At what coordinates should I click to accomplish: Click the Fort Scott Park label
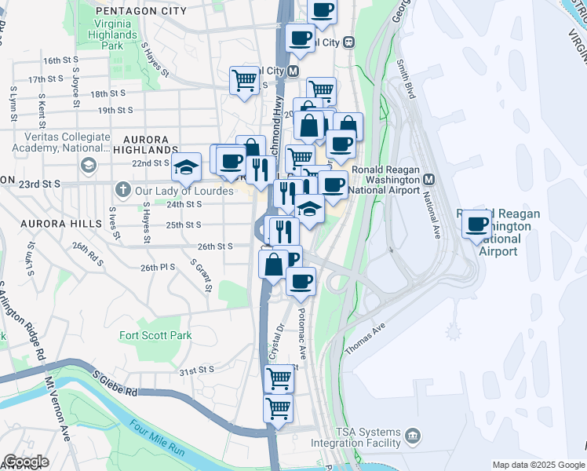[x=155, y=335]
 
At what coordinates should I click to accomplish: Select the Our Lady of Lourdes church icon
[x=122, y=189]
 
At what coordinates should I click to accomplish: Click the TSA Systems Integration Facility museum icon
[x=413, y=434]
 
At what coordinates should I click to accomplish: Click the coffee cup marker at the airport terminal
[x=476, y=225]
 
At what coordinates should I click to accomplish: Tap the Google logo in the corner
[x=25, y=462]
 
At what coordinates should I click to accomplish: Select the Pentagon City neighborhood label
[x=140, y=11]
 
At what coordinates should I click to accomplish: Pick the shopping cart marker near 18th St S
[x=245, y=79]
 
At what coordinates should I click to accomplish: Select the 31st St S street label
[x=196, y=370]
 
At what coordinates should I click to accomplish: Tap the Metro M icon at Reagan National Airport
[x=429, y=179]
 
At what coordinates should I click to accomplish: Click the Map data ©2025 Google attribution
[x=538, y=465]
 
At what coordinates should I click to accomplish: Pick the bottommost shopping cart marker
[x=278, y=408]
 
